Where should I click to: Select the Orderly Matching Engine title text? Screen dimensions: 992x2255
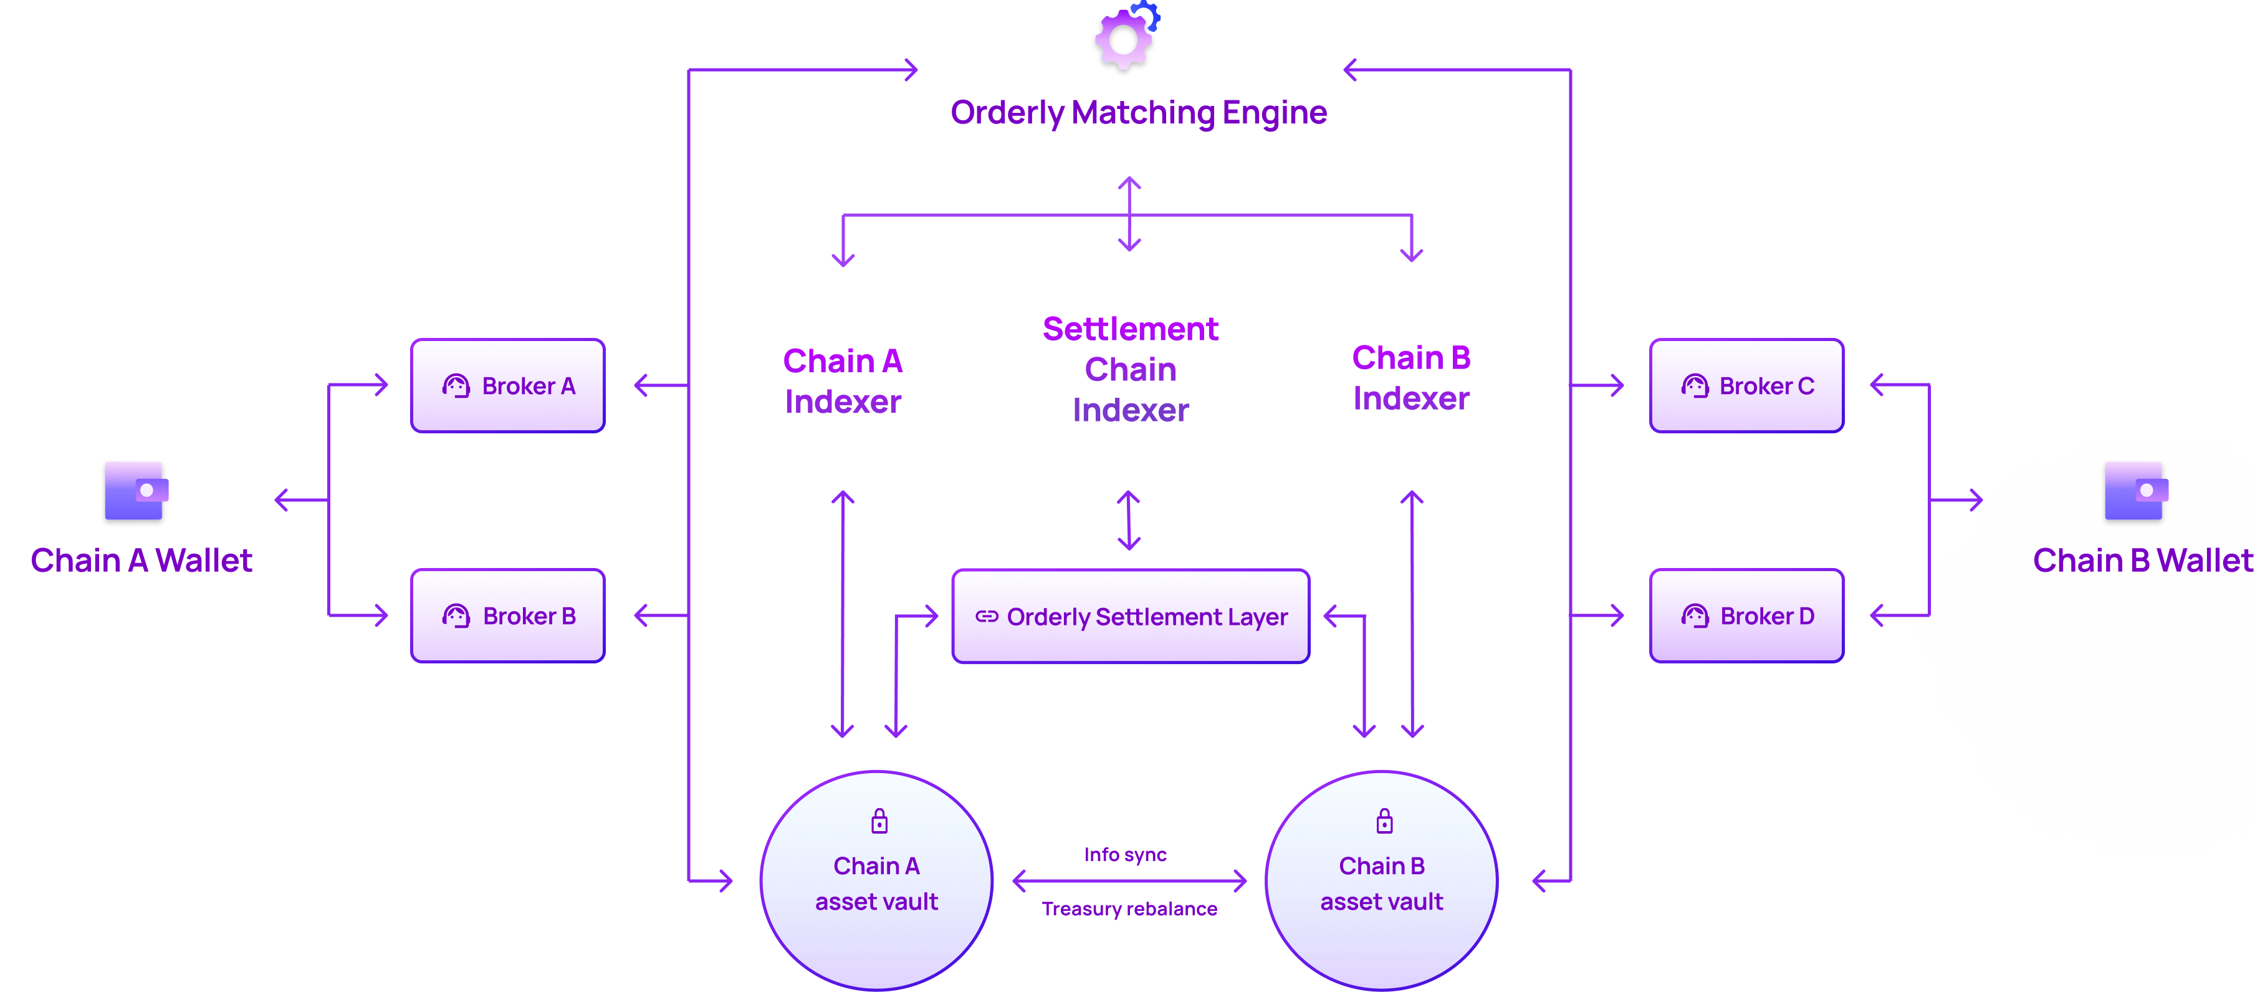tap(1138, 113)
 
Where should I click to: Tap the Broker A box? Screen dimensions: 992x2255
tap(508, 386)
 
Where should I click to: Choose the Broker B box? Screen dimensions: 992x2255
tap(508, 617)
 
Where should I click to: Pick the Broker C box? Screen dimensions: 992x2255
tap(1746, 386)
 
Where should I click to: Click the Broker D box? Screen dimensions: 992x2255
tap(1746, 617)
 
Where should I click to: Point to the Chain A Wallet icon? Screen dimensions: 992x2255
tap(134, 492)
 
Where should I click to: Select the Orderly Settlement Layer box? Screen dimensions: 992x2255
tap(1130, 617)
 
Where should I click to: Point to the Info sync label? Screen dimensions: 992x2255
tap(1125, 855)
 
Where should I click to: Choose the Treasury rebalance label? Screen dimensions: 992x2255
tap(1129, 909)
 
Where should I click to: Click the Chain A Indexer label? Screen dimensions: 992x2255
tap(842, 381)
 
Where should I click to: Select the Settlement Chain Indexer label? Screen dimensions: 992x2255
tap(1130, 370)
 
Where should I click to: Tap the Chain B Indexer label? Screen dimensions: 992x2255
tap(1411, 378)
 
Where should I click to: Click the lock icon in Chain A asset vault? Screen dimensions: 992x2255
tap(879, 821)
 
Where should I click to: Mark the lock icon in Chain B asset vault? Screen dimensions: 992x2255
tap(1384, 821)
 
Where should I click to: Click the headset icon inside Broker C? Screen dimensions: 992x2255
tap(1695, 386)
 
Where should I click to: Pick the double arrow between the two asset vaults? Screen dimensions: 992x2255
tap(1129, 881)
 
